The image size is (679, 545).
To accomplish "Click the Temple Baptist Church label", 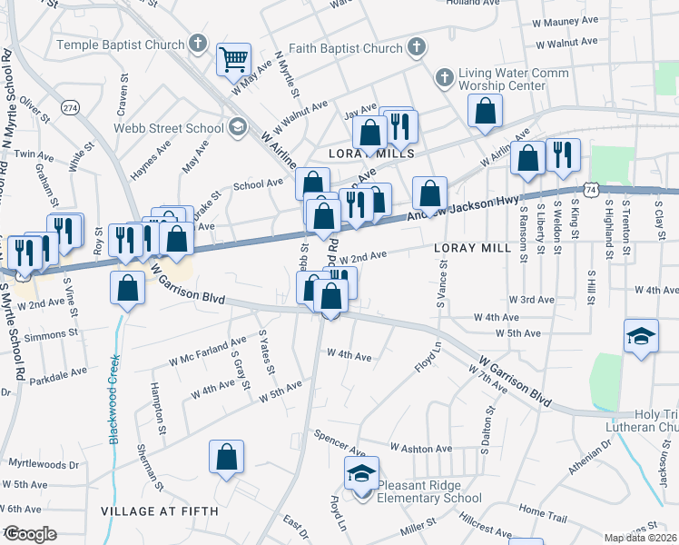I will [121, 44].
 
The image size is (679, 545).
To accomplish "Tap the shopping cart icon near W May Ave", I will [233, 59].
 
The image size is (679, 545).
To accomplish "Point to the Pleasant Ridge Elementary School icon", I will [361, 474].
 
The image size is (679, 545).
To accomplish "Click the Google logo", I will [30, 534].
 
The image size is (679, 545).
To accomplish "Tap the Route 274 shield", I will [70, 107].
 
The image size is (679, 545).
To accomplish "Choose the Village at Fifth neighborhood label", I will [160, 512].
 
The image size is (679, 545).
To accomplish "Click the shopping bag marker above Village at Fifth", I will [226, 457].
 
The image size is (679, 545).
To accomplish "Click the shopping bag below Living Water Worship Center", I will [486, 111].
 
